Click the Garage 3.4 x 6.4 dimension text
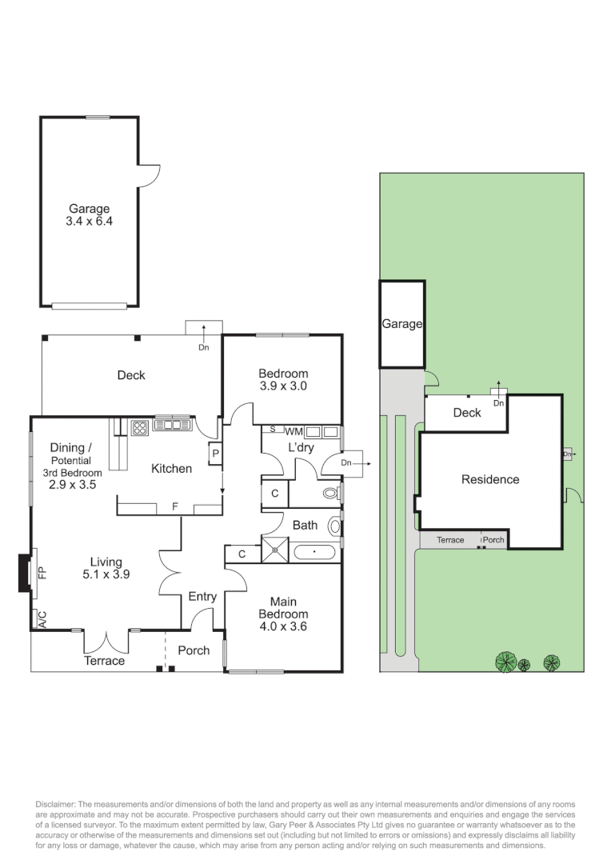(x=90, y=222)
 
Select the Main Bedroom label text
(x=282, y=614)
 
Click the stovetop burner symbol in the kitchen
(x=140, y=426)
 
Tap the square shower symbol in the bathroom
(x=276, y=550)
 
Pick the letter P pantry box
(x=215, y=453)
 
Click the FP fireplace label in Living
(x=43, y=573)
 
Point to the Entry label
(x=202, y=596)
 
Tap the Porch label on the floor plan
(x=194, y=650)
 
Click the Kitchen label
(x=171, y=468)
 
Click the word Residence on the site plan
(x=490, y=479)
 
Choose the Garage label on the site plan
(x=401, y=324)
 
